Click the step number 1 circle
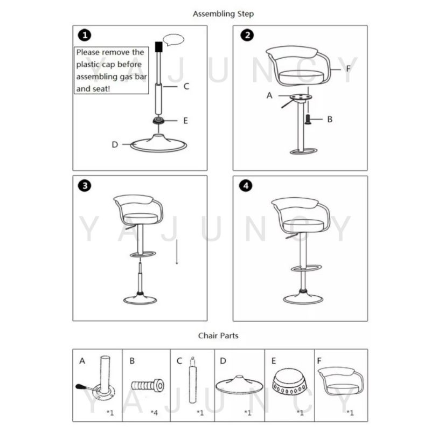point(85,36)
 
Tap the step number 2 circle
point(247,35)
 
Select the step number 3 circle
point(85,185)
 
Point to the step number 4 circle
point(246,186)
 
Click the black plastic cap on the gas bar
point(158,47)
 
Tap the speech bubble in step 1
point(173,40)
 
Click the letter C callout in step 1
point(186,86)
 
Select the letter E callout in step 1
point(186,121)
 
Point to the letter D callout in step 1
point(115,144)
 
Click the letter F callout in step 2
point(348,68)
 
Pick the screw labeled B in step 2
point(308,119)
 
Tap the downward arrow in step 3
point(177,252)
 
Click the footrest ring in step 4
point(306,268)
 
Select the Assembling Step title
point(223,14)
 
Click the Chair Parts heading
point(218,336)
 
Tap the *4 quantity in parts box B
point(155,413)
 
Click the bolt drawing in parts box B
point(148,385)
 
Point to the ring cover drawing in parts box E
point(289,381)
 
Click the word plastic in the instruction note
point(88,65)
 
